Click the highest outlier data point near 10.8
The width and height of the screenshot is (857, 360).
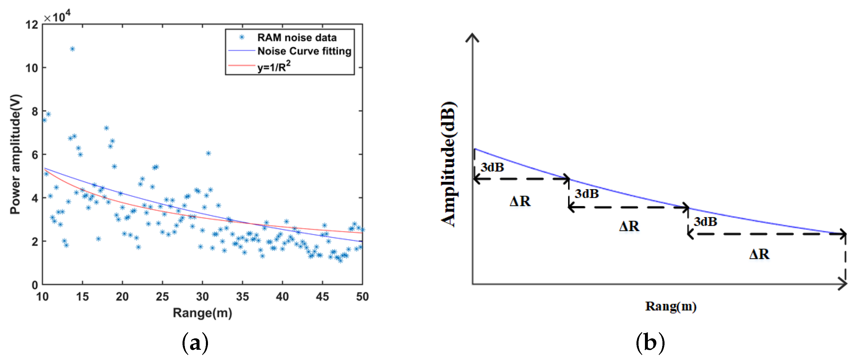point(72,49)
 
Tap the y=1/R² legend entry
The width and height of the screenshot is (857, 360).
point(273,67)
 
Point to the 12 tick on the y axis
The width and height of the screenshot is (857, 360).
point(32,25)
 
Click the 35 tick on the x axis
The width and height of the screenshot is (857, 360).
point(242,296)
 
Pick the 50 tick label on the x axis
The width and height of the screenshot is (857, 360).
point(362,296)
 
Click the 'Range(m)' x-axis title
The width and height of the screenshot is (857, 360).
point(202,313)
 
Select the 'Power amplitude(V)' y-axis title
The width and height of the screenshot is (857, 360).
point(15,154)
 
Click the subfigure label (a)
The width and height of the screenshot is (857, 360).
point(195,343)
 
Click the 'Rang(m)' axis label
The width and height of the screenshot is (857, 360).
point(670,306)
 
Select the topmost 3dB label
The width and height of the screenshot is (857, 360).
point(492,167)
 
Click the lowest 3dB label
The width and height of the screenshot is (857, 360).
point(705,222)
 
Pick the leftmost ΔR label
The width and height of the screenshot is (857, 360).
point(520,201)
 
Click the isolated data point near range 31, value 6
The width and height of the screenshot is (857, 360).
point(208,153)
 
